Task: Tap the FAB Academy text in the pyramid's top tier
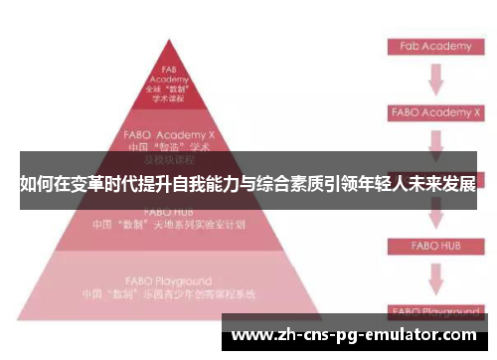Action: click(168, 74)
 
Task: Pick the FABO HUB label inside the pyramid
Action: click(168, 212)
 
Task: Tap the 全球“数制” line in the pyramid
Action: click(168, 90)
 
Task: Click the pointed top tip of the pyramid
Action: click(169, 42)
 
